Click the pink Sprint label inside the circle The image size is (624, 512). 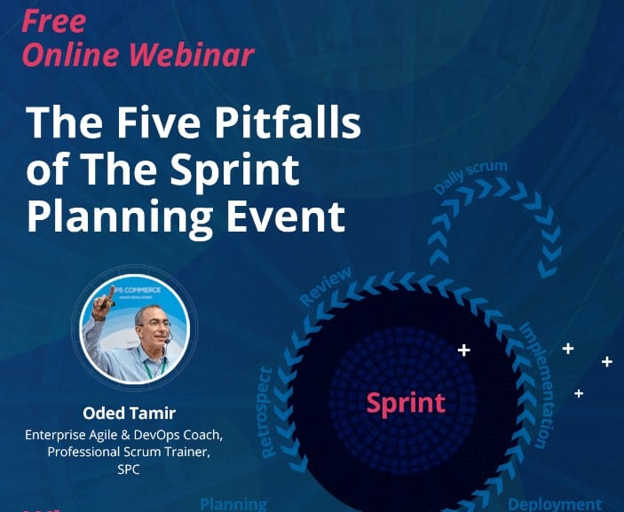[x=406, y=403]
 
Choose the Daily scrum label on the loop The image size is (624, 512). [x=470, y=177]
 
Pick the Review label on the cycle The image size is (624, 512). [x=326, y=286]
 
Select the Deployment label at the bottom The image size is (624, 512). [x=555, y=504]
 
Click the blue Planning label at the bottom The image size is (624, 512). [x=233, y=504]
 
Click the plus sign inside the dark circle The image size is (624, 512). [x=463, y=351]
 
